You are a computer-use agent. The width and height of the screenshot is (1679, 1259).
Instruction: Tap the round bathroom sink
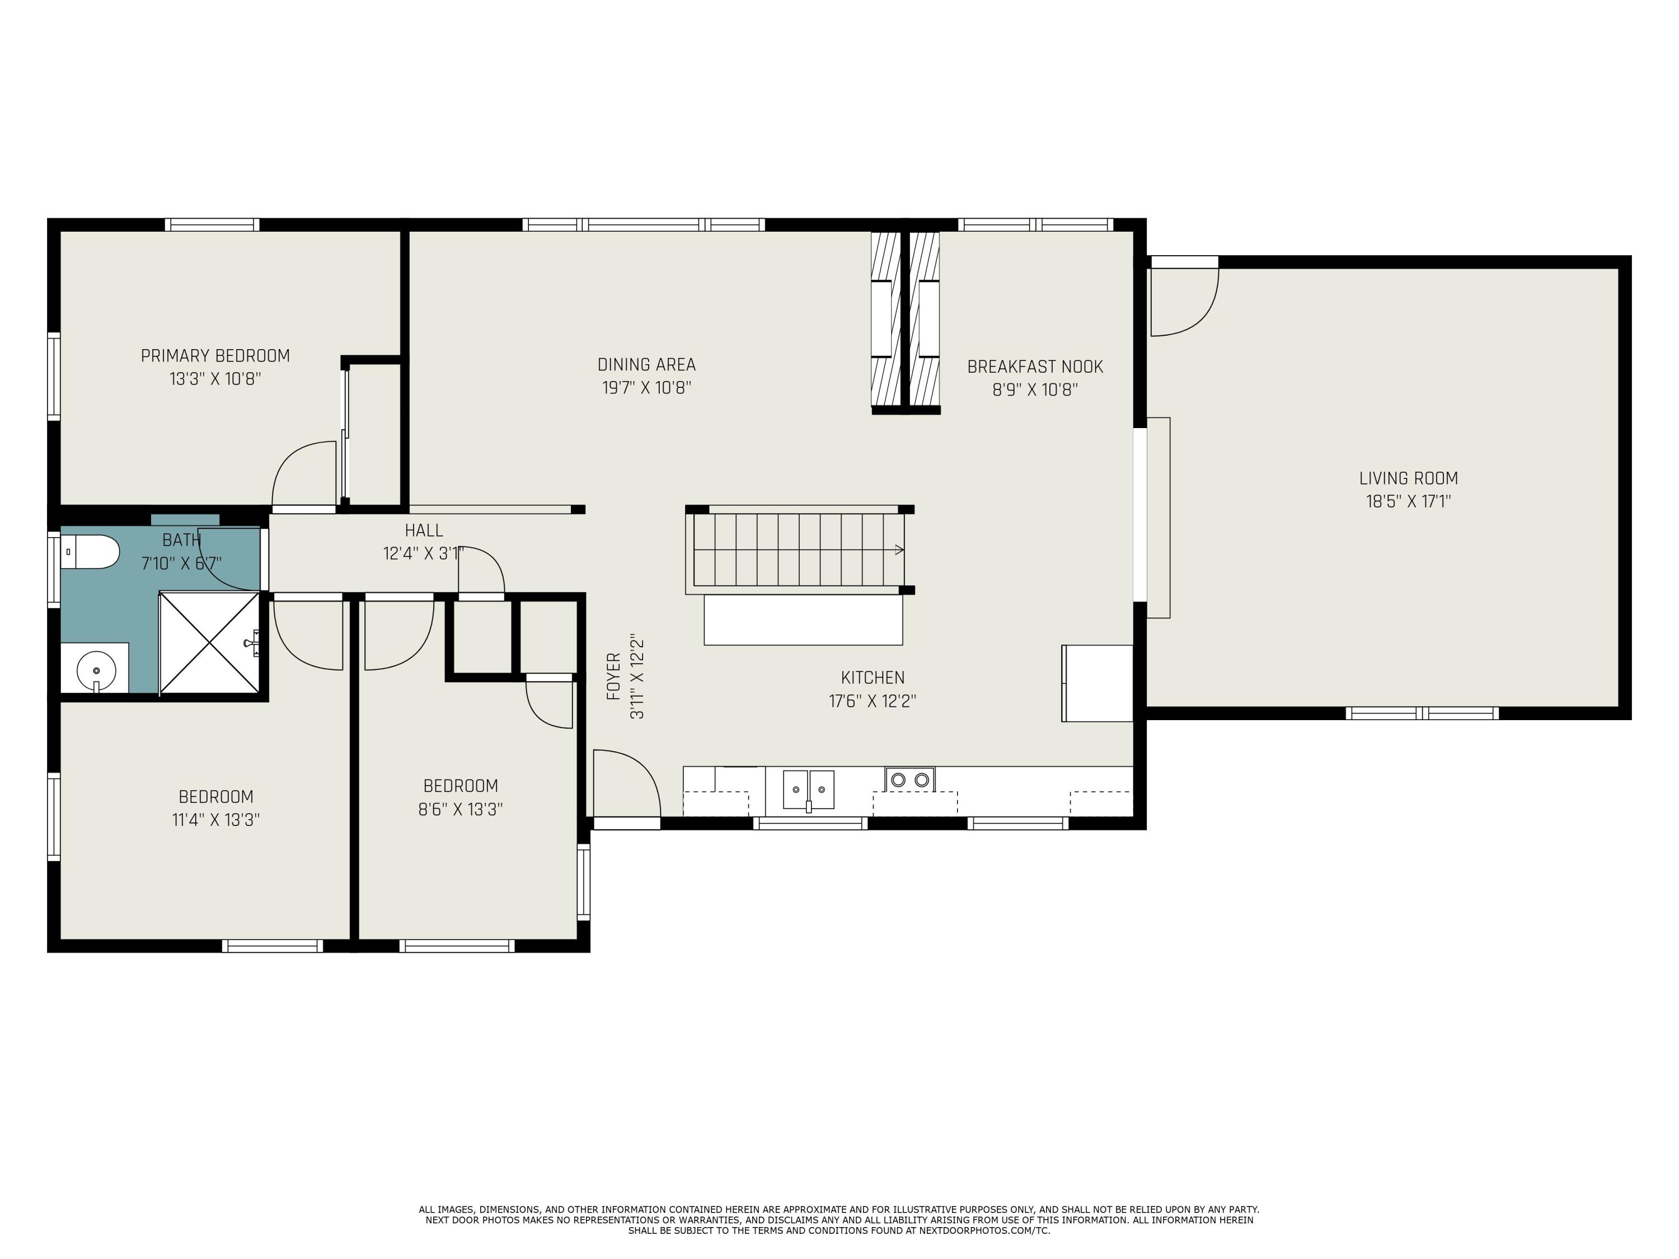[96, 671]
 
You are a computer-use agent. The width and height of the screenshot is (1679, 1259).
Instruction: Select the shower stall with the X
[209, 643]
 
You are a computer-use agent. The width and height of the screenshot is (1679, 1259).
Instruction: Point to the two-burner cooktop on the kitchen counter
[909, 779]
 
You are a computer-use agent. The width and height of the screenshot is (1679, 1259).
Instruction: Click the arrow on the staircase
[899, 550]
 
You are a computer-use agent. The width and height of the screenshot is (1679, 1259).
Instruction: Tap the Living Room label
[1408, 478]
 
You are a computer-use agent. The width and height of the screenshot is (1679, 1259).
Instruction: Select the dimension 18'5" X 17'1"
[1408, 501]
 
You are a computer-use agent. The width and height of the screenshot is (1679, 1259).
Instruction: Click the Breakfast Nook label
[1035, 367]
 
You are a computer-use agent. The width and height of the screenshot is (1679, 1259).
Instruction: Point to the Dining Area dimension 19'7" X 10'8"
[647, 388]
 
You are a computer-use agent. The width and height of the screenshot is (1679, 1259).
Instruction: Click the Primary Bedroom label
[215, 355]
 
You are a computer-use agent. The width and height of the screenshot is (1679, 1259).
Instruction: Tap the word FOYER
[614, 675]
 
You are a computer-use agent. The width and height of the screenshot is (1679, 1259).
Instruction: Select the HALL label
[424, 530]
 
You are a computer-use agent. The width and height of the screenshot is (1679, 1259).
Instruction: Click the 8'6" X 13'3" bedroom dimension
[460, 810]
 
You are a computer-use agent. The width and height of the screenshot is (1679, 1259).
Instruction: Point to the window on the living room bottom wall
[1422, 713]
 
